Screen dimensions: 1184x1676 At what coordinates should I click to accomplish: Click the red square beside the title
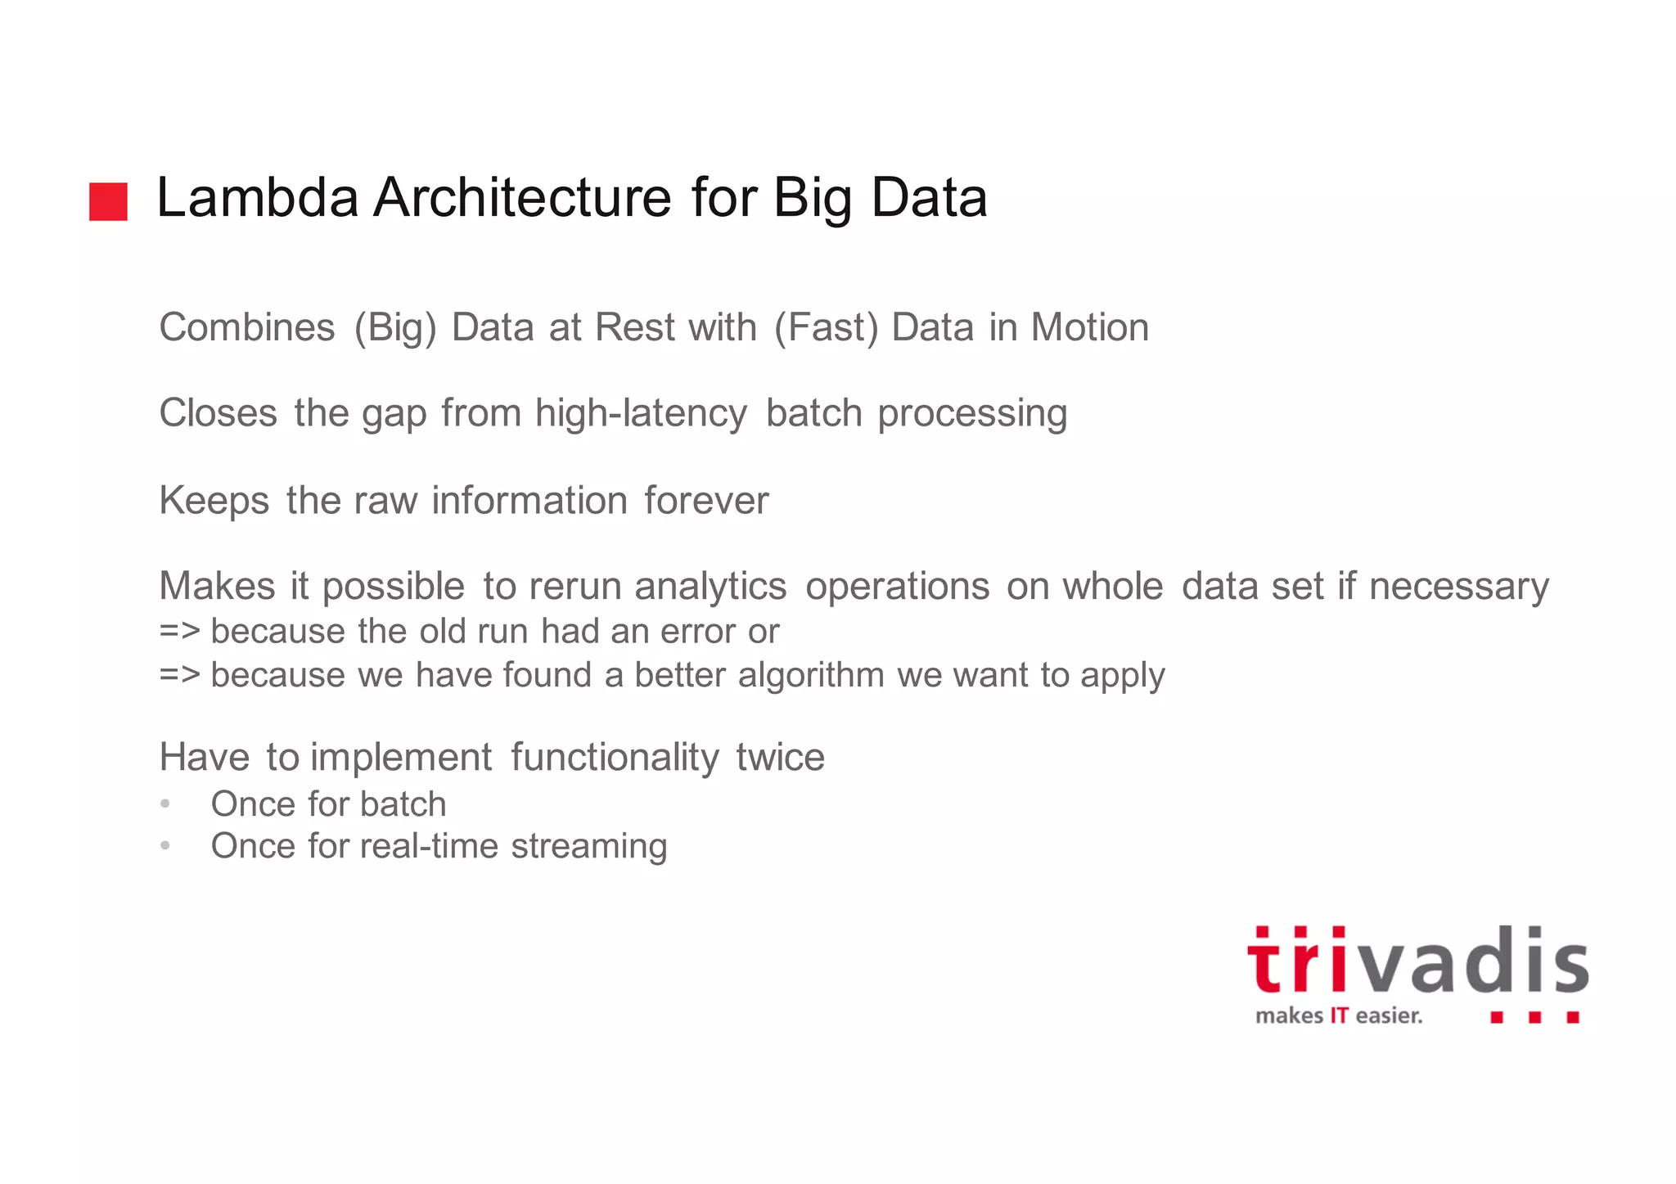coord(108,201)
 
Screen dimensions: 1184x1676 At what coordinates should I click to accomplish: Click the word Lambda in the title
coord(257,198)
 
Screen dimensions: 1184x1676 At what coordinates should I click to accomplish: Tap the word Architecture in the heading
coord(522,198)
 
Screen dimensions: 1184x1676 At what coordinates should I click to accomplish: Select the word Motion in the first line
coord(1089,327)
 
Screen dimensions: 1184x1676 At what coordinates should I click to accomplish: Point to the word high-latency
coord(641,413)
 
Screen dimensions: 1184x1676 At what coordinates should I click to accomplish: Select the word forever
coord(706,500)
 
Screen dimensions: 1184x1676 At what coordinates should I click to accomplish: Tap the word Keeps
coord(214,501)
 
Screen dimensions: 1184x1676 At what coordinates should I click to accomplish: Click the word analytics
coord(710,587)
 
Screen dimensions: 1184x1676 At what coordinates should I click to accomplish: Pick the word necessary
coord(1458,587)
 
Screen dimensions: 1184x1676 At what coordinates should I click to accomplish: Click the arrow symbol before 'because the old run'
coord(179,632)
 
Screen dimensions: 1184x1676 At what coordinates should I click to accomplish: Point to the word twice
coord(780,757)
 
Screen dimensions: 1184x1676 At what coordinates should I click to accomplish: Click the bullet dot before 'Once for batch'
coord(165,804)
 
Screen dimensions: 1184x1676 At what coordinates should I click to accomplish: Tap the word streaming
coord(588,847)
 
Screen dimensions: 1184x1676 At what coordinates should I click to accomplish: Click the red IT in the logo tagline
coord(1339,1016)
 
